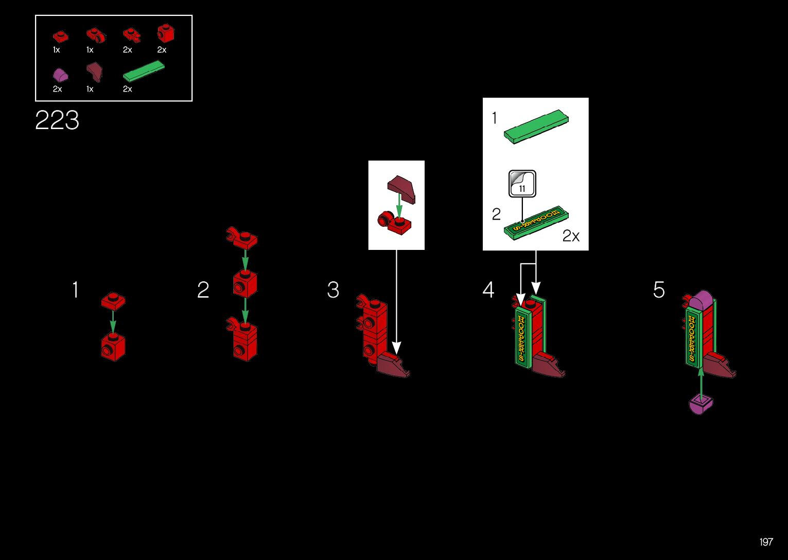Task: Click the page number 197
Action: (x=766, y=542)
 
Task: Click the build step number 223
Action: (x=57, y=120)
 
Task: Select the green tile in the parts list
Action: (x=144, y=71)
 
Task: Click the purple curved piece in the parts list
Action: (x=60, y=75)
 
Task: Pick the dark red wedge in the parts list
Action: (x=94, y=71)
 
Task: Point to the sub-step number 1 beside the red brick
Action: (x=76, y=290)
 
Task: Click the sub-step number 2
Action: (x=203, y=290)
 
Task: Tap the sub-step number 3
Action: (x=333, y=290)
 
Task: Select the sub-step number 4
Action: (x=488, y=290)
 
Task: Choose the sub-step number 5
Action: (x=659, y=290)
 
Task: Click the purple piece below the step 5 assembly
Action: (x=701, y=404)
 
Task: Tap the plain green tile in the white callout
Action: (x=537, y=126)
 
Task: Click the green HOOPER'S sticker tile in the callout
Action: (x=536, y=222)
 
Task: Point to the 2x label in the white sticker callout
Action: (x=571, y=236)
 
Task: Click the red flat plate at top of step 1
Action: (x=113, y=301)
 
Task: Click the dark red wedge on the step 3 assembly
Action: (x=392, y=366)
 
